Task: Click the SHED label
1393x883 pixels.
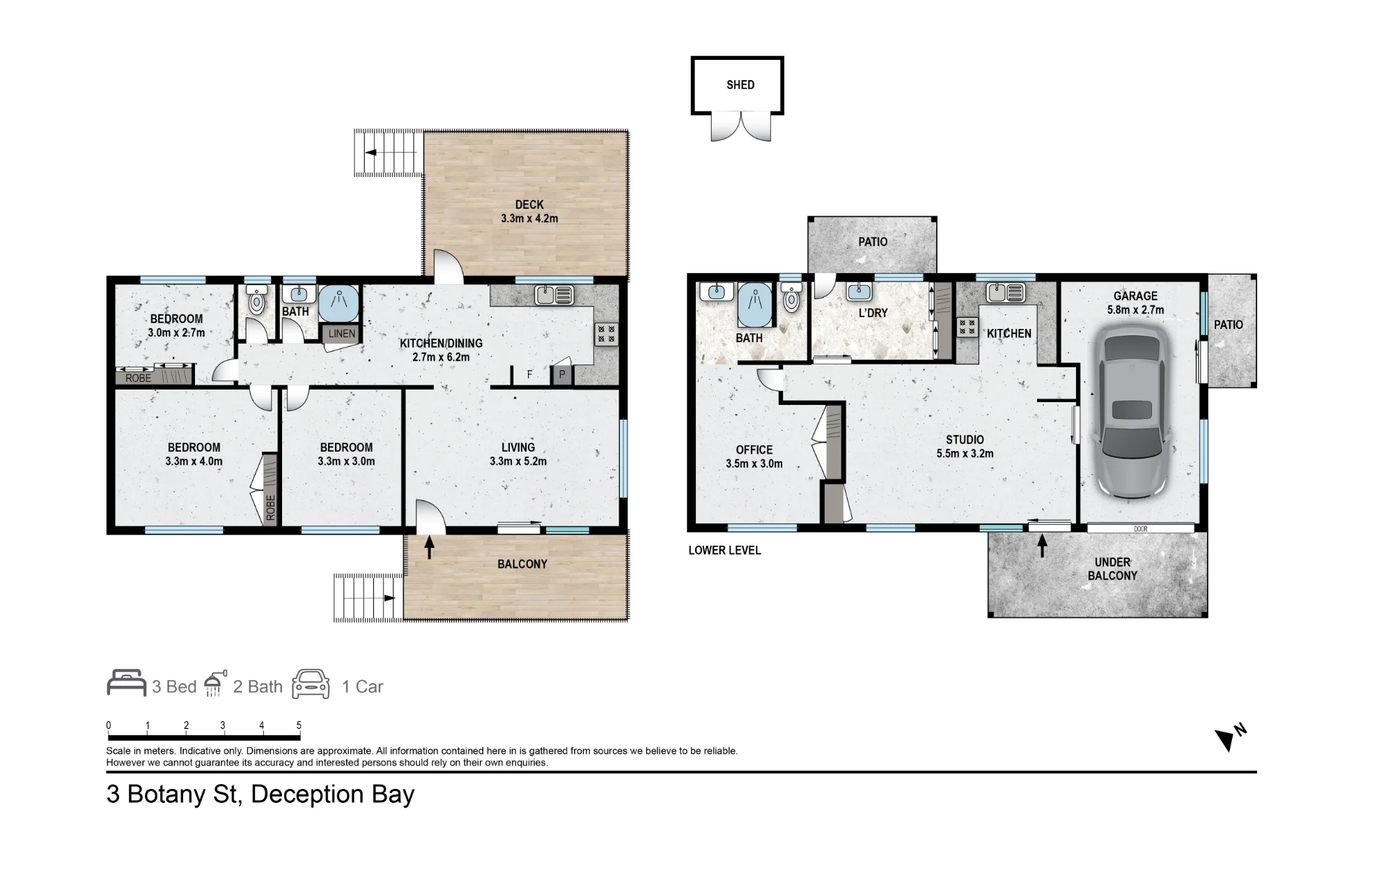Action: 740,85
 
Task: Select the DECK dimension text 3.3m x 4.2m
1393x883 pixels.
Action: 529,218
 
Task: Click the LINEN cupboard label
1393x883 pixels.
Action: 341,334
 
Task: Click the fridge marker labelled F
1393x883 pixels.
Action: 529,375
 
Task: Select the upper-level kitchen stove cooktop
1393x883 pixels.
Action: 607,334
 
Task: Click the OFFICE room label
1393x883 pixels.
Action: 754,450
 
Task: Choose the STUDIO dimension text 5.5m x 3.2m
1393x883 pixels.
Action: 965,454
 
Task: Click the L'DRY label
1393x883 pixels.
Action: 873,313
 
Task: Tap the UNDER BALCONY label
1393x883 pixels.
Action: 1112,569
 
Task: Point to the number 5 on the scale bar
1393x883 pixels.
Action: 299,725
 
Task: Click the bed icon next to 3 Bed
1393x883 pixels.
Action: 126,684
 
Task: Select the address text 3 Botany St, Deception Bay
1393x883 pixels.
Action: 260,794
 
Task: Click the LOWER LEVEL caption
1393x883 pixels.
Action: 724,550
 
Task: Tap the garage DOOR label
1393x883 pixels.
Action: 1140,529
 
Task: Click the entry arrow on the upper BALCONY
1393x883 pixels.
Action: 429,546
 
